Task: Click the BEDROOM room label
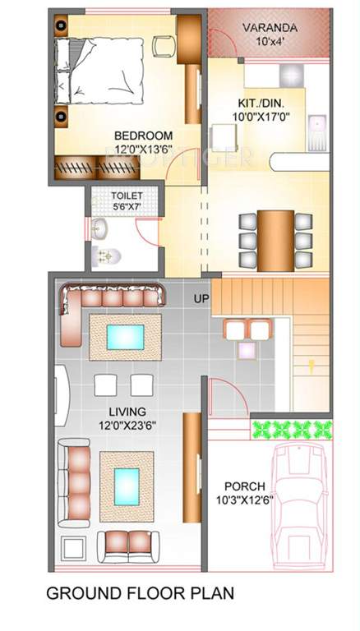click(x=143, y=136)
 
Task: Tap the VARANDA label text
click(x=270, y=29)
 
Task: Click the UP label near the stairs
click(x=201, y=298)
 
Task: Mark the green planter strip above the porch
click(x=292, y=429)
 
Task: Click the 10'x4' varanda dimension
click(x=270, y=42)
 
